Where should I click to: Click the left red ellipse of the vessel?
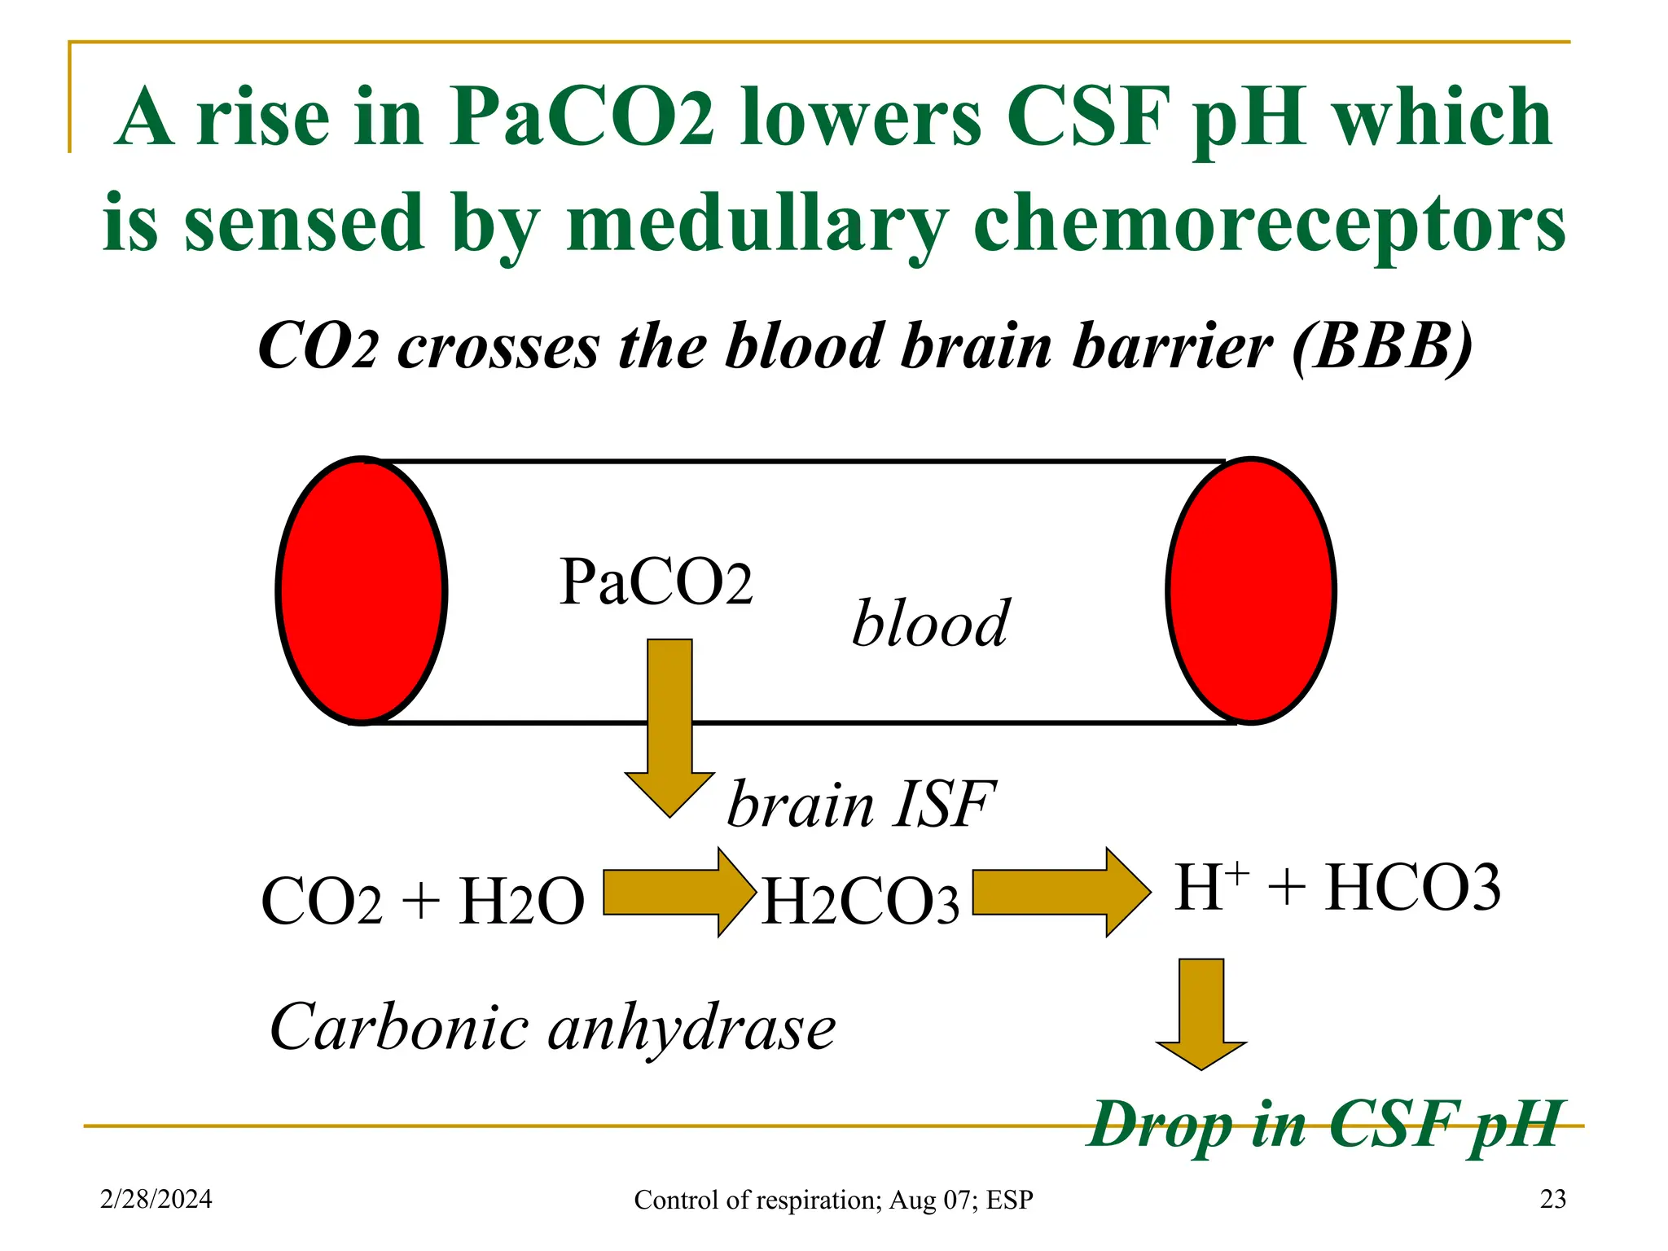click(x=362, y=590)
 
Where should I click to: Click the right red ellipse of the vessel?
click(x=1251, y=590)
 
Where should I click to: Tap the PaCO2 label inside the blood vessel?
click(x=656, y=582)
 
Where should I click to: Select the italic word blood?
click(x=930, y=624)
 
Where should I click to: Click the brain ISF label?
click(x=860, y=805)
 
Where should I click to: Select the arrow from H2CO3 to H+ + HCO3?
click(x=1060, y=893)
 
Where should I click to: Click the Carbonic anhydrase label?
click(x=552, y=1028)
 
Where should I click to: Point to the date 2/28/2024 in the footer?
click(x=156, y=1199)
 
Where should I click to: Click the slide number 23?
click(x=1552, y=1199)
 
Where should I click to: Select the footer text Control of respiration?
click(x=833, y=1200)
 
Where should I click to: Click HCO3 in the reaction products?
click(x=1413, y=888)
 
